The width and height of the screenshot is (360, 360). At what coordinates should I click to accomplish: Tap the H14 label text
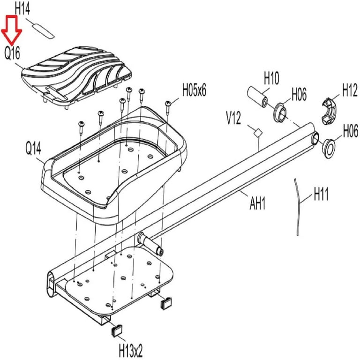22,9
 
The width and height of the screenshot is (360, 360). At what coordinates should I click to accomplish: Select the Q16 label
12,54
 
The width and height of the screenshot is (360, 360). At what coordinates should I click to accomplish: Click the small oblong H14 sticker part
43,31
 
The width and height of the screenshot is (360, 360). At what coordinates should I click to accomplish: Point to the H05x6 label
194,90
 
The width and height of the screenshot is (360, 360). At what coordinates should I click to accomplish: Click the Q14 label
34,148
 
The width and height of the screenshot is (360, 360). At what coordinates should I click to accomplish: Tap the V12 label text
233,118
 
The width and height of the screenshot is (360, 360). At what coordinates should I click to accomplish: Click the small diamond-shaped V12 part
258,133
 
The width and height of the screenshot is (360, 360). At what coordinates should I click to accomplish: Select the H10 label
271,78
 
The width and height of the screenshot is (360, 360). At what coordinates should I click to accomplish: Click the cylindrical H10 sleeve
258,96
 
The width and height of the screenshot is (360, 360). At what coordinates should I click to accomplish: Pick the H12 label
350,90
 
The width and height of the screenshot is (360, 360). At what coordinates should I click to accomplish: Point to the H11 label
321,194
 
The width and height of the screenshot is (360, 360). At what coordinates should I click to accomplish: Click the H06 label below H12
351,131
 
